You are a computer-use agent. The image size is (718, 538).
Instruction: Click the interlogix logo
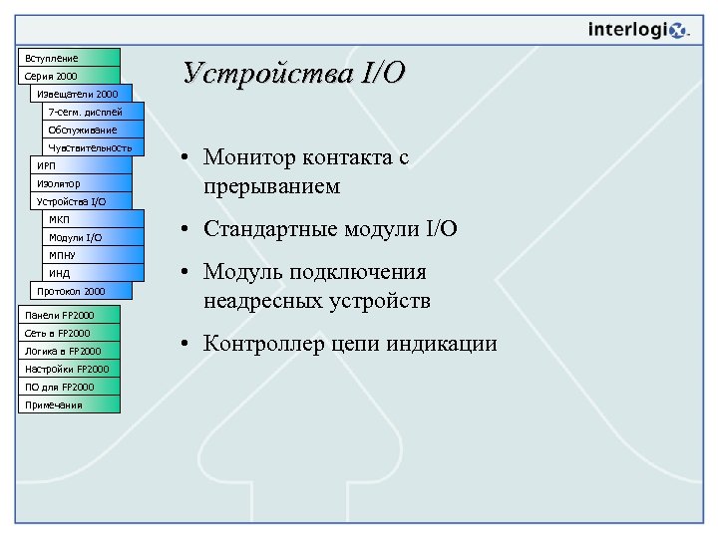pos(638,30)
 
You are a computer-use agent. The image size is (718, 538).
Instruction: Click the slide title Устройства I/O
pos(294,74)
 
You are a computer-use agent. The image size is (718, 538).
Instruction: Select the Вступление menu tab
pos(69,58)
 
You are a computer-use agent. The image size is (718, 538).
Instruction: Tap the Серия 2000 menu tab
pos(69,76)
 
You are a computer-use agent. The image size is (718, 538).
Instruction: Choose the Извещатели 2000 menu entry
pos(80,94)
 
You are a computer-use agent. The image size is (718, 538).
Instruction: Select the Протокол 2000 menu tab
pos(81,291)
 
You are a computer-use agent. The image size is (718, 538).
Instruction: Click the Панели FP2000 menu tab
pos(69,315)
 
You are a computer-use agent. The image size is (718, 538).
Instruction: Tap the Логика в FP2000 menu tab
pos(69,351)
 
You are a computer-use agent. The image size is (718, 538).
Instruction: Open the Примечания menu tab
pos(69,404)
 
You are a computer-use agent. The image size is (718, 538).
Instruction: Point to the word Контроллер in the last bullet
pos(257,345)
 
